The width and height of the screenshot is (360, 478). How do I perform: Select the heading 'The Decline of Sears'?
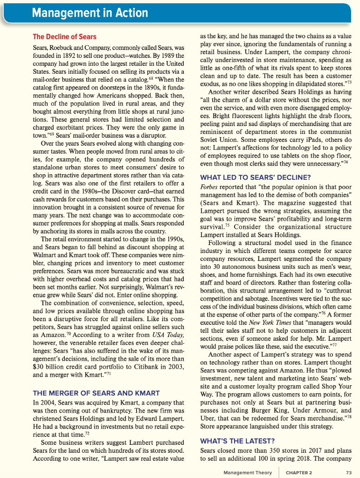click(65, 37)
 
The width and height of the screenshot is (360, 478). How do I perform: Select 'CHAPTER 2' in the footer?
click(299, 472)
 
